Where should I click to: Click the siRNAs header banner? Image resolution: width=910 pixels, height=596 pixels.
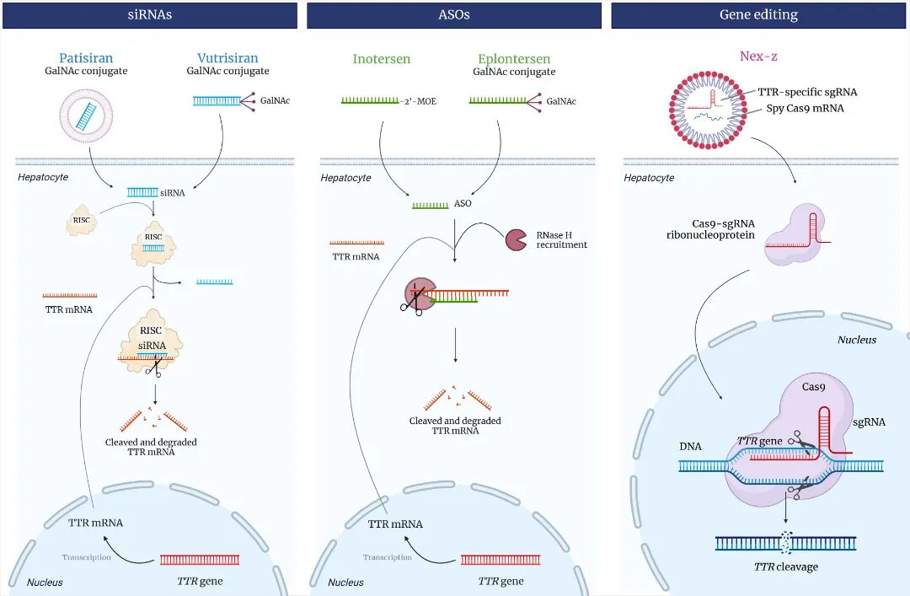tap(150, 14)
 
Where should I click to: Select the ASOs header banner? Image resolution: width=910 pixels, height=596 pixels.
tap(454, 14)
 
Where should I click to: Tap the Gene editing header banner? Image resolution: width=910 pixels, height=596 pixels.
tap(758, 14)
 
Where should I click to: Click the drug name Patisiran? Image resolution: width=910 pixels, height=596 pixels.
tap(86, 58)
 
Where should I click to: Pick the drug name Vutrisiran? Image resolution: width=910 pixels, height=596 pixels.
tap(227, 58)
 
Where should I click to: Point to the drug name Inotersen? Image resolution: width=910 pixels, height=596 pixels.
tap(382, 59)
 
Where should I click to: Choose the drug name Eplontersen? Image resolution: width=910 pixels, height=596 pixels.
tap(514, 59)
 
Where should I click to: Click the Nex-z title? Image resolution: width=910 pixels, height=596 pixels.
tap(758, 56)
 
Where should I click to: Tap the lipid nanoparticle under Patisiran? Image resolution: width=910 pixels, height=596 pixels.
tap(86, 115)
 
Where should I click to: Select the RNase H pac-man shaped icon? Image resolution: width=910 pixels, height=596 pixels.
tap(516, 239)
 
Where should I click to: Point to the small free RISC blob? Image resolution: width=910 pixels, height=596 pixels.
tap(82, 222)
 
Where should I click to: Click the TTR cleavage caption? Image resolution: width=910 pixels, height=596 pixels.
tap(785, 566)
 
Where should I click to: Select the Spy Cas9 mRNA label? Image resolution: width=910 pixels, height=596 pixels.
tap(805, 108)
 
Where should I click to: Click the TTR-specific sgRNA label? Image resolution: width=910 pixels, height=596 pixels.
tap(806, 92)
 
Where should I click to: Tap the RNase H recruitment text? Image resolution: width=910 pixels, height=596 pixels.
tap(561, 239)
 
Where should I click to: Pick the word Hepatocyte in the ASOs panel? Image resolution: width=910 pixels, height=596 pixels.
tap(345, 178)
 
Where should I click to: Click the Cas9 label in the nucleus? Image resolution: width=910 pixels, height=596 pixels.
tap(814, 387)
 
